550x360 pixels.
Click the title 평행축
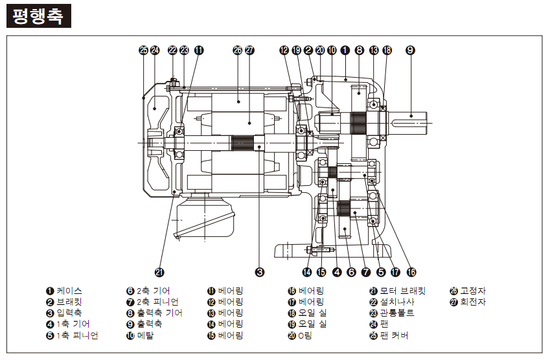pos(38,16)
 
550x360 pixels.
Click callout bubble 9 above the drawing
pos(410,50)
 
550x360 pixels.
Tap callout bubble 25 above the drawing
pos(143,50)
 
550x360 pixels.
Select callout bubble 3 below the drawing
pos(259,272)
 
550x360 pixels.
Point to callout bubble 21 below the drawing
pos(161,272)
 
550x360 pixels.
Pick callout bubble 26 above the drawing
pos(237,50)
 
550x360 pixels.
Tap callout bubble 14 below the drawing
pos(307,272)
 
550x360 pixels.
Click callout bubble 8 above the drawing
pos(359,50)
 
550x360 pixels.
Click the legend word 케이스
pos(69,291)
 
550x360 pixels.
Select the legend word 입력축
pos(69,313)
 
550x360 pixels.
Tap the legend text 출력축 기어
pos(159,313)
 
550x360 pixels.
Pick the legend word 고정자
pos(473,291)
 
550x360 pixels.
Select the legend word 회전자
pos(473,302)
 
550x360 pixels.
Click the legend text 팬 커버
pos(394,335)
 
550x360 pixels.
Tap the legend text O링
pos(306,335)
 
